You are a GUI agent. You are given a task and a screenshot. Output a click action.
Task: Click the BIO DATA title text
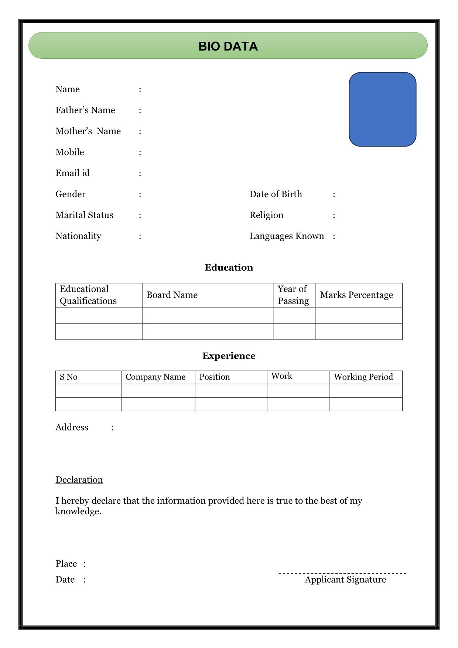click(x=228, y=46)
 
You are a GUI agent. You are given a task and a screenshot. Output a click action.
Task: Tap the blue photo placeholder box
click(x=382, y=109)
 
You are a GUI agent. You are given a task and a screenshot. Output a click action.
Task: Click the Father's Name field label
click(x=85, y=110)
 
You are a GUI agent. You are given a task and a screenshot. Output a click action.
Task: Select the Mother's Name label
click(x=88, y=131)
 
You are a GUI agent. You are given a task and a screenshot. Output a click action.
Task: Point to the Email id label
click(x=72, y=173)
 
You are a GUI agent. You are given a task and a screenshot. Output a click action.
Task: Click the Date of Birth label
click(x=276, y=194)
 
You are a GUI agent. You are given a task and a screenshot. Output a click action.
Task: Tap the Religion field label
click(x=266, y=215)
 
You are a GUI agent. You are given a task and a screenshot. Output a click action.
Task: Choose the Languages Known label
click(x=287, y=236)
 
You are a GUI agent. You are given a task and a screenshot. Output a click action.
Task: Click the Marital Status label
click(x=84, y=215)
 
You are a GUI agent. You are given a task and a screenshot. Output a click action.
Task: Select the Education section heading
click(x=229, y=267)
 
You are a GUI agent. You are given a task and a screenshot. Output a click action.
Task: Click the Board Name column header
click(x=172, y=295)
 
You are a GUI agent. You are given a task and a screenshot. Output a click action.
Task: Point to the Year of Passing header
click(x=293, y=295)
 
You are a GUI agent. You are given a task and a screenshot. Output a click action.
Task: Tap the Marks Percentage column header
click(x=356, y=295)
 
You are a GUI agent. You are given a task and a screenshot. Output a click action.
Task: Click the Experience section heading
click(x=229, y=356)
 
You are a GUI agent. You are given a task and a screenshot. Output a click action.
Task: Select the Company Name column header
click(x=155, y=377)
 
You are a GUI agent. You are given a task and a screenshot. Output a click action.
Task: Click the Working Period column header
click(x=363, y=377)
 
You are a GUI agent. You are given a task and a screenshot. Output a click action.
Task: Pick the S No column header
click(x=68, y=377)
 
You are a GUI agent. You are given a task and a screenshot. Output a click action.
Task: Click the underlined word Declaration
click(x=79, y=480)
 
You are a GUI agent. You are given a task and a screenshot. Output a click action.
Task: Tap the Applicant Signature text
click(x=345, y=580)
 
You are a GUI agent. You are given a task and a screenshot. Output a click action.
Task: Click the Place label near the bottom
click(x=66, y=564)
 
